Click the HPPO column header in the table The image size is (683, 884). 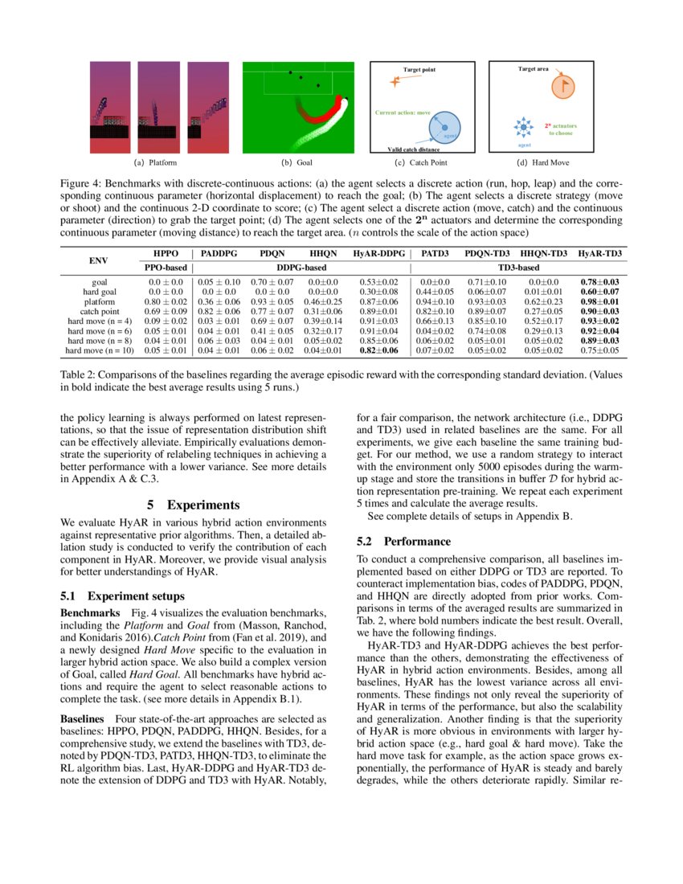click(x=166, y=253)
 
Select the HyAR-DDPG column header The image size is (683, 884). click(x=377, y=253)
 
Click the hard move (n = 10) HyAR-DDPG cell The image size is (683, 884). click(x=377, y=350)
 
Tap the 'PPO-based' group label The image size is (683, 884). click(x=165, y=266)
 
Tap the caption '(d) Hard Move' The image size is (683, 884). click(x=538, y=162)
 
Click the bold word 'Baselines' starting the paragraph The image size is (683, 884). click(x=85, y=717)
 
